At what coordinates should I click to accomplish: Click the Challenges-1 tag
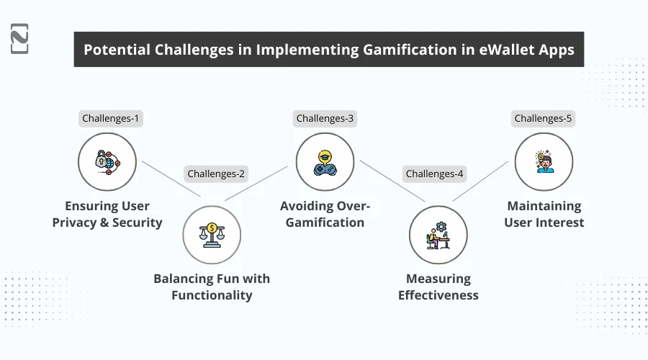click(110, 118)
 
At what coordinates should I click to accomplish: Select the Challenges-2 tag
click(216, 173)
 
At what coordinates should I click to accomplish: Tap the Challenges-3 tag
click(325, 118)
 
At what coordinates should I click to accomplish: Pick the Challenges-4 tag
click(435, 174)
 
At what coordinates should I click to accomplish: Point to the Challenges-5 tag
click(543, 118)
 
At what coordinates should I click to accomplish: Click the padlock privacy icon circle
click(107, 161)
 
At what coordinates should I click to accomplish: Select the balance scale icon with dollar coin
click(212, 234)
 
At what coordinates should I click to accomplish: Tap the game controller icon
click(325, 161)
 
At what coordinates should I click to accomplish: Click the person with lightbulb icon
click(544, 161)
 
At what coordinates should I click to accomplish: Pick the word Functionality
click(212, 295)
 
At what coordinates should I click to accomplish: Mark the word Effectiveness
click(438, 295)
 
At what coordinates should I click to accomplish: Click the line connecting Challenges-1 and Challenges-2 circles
click(171, 179)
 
